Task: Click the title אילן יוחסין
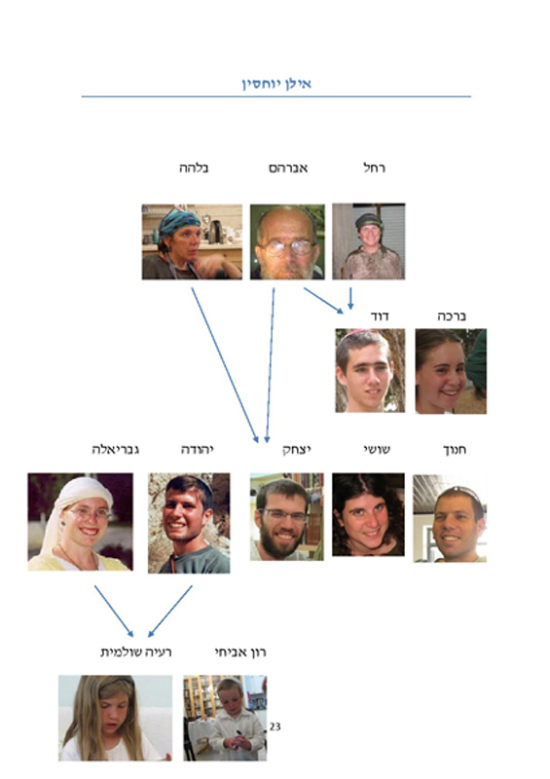point(276,84)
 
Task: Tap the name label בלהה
point(194,167)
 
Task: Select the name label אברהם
point(288,167)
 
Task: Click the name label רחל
point(374,167)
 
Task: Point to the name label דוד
point(380,315)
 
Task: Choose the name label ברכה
point(452,315)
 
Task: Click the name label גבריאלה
point(115,450)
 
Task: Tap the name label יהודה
point(198,450)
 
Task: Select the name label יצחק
point(297,450)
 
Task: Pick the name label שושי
point(377,450)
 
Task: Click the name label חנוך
point(455,450)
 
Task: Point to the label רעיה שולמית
point(136,651)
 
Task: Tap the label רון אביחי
point(240,651)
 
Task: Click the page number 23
point(275,726)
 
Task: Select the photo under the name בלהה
point(192,241)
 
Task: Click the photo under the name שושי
point(368,514)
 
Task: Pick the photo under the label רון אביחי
point(225,718)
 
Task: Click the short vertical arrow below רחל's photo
point(350,298)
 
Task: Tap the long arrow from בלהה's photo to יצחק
point(225,365)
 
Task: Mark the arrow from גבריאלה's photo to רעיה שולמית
point(114,612)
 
